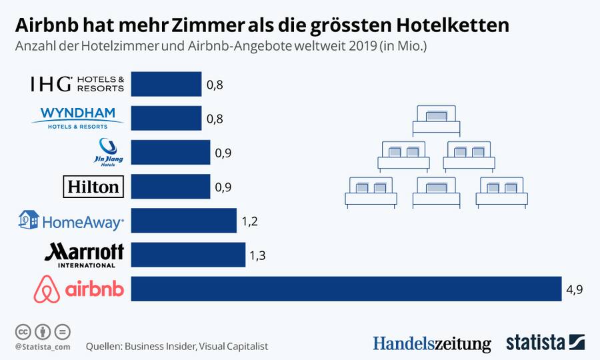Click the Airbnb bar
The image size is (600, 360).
pyautogui.click(x=346, y=289)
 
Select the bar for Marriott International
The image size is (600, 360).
pyautogui.click(x=188, y=254)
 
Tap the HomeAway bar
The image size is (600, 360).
pyautogui.click(x=183, y=220)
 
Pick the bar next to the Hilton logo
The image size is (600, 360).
pyautogui.click(x=170, y=186)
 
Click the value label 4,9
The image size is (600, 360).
pyautogui.click(x=574, y=289)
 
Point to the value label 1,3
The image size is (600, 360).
pyautogui.click(x=257, y=255)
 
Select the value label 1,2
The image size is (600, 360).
pyautogui.click(x=249, y=221)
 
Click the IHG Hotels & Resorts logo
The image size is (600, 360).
pyautogui.click(x=77, y=84)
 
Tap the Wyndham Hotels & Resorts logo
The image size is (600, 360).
pyautogui.click(x=77, y=117)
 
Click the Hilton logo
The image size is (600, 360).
pyautogui.click(x=93, y=187)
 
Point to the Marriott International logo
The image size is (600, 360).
pyautogui.click(x=84, y=255)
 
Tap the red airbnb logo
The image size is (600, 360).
pyautogui.click(x=77, y=289)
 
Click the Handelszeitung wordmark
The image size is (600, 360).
pyautogui.click(x=431, y=343)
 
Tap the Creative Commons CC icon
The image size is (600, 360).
pyautogui.click(x=23, y=331)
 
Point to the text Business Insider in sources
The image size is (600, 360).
pyautogui.click(x=159, y=347)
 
